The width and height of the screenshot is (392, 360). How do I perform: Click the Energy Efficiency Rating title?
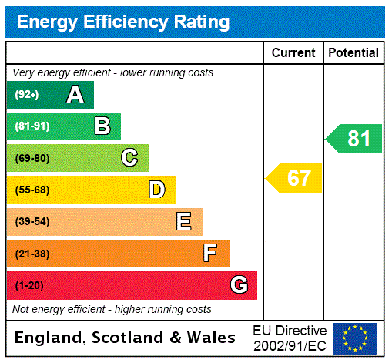pyautogui.click(x=123, y=22)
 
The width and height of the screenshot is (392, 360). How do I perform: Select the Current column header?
pyautogui.click(x=293, y=53)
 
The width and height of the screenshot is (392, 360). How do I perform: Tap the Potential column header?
pyautogui.click(x=353, y=53)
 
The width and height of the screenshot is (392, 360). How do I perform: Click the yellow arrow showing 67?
pyautogui.click(x=295, y=178)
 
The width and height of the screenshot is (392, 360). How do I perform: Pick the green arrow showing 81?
pyautogui.click(x=354, y=139)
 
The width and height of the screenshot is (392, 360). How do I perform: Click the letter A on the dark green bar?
pyautogui.click(x=75, y=95)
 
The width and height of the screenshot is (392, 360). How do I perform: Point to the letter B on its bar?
pyautogui.click(x=102, y=126)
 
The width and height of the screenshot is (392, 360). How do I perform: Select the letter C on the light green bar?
pyautogui.click(x=129, y=158)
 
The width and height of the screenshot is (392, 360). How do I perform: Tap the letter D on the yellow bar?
pyautogui.click(x=156, y=190)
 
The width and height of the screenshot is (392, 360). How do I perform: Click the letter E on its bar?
pyautogui.click(x=184, y=222)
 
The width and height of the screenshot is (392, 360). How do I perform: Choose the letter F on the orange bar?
pyautogui.click(x=210, y=254)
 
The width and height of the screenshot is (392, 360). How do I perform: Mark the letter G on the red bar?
pyautogui.click(x=239, y=285)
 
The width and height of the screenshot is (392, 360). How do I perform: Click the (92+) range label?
pyautogui.click(x=26, y=95)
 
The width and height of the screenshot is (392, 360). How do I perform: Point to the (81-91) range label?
pyautogui.click(x=32, y=126)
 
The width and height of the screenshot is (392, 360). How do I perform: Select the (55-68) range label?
pyautogui.click(x=32, y=190)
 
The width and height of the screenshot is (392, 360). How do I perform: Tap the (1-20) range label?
pyautogui.click(x=29, y=285)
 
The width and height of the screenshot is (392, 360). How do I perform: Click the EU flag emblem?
pyautogui.click(x=355, y=338)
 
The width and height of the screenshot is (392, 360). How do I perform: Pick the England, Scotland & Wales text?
pyautogui.click(x=126, y=338)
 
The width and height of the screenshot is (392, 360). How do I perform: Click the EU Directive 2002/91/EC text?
pyautogui.click(x=290, y=338)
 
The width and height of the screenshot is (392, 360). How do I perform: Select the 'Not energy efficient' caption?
pyautogui.click(x=112, y=309)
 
